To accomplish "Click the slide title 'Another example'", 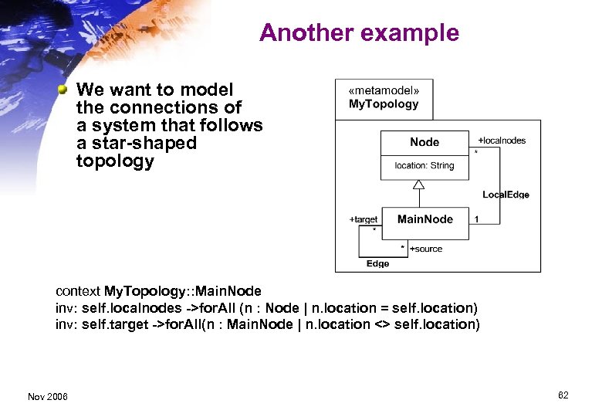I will click(359, 33).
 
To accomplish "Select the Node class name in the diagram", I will click(424, 142).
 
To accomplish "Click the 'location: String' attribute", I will click(424, 165).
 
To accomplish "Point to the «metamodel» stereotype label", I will click(384, 90).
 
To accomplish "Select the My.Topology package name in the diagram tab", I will click(384, 104).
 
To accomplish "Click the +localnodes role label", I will click(502, 141).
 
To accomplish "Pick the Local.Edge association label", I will click(506, 195).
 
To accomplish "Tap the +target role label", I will click(364, 219).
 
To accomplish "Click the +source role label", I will click(426, 249).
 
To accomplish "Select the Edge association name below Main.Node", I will click(377, 263).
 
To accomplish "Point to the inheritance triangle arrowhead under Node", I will click(419, 185).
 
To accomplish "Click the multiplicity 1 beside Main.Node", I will click(476, 219).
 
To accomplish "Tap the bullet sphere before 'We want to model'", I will click(64, 90).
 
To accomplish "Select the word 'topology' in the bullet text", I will click(115, 161).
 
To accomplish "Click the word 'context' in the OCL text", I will click(78, 291).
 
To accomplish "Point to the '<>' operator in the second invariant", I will click(382, 324).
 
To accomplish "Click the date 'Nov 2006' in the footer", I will click(47, 396).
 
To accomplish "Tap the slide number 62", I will click(563, 395).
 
